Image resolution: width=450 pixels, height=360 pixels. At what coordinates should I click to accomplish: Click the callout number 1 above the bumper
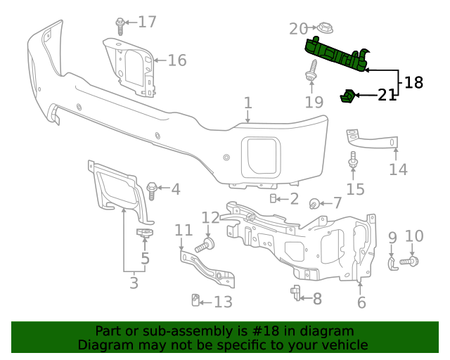pos(247,103)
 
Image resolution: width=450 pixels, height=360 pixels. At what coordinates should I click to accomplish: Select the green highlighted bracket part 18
pos(336,56)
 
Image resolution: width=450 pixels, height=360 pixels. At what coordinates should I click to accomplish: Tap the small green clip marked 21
pos(347,96)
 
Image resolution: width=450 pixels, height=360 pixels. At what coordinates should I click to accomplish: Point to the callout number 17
pos(147,22)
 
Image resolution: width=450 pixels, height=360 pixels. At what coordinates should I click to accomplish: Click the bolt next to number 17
pos(121,25)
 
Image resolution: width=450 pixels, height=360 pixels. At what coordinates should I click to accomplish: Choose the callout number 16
pos(176,60)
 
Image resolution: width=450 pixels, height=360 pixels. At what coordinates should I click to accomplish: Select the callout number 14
pos(398,169)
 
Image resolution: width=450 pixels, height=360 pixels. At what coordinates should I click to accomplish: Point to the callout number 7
pos(337,203)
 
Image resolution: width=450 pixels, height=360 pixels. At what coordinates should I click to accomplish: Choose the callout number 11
pos(184,230)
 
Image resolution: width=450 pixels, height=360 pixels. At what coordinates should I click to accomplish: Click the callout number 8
pos(316,299)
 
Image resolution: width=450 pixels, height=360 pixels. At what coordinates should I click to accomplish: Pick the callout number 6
pos(361,303)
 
